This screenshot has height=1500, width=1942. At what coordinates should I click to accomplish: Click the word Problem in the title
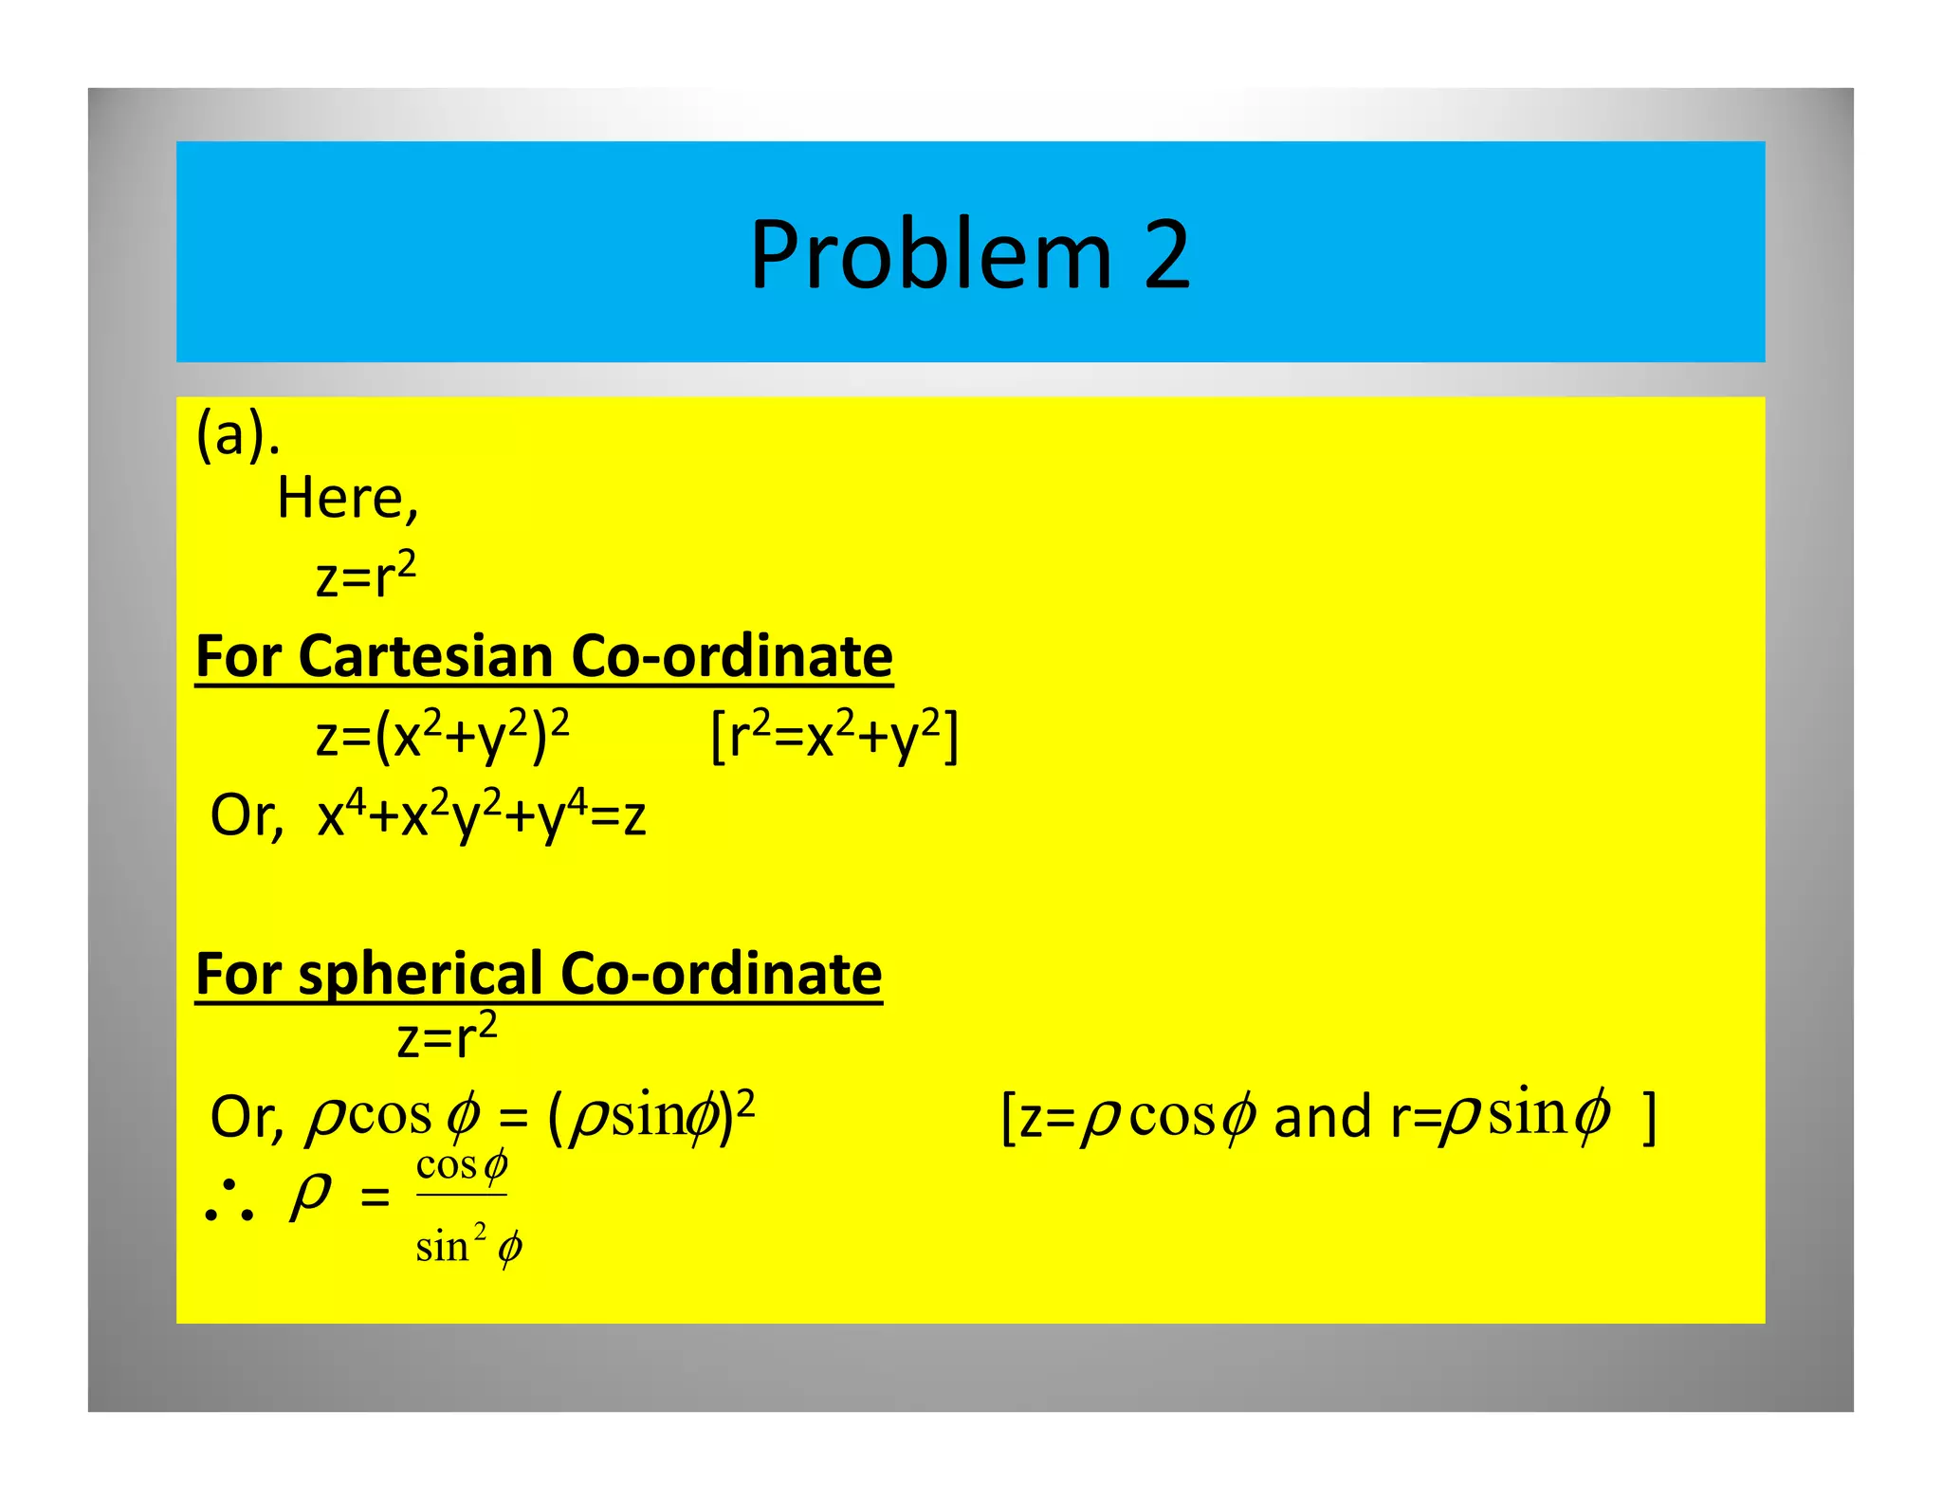(929, 256)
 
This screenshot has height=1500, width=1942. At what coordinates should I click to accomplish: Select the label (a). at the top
(237, 436)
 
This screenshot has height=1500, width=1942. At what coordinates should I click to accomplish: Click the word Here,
(347, 499)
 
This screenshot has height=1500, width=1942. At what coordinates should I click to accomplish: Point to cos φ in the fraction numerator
(462, 1165)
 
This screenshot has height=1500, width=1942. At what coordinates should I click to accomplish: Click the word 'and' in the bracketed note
(1322, 1117)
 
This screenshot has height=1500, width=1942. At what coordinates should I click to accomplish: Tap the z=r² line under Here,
(366, 575)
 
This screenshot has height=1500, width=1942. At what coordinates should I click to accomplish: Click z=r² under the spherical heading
(447, 1035)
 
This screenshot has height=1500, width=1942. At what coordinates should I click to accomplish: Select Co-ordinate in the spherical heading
(721, 975)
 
